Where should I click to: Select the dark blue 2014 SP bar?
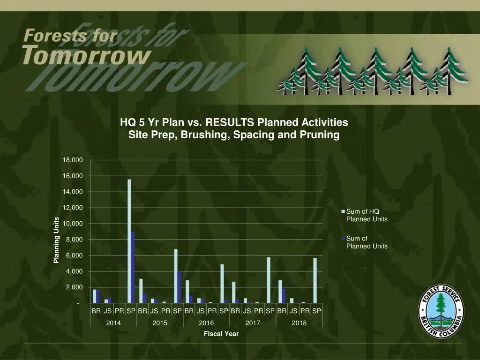tap(133, 267)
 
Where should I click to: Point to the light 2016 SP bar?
tap(222, 284)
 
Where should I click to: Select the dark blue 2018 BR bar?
tap(284, 296)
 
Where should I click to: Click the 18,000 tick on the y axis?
tap(73, 160)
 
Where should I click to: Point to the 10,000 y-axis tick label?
tap(73, 224)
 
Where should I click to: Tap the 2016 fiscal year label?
tap(206, 323)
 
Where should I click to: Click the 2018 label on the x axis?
tap(299, 323)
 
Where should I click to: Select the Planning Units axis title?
tap(56, 240)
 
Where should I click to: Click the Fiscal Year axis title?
tap(221, 334)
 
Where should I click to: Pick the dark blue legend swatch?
tap(344, 239)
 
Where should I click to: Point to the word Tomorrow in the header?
tap(87, 55)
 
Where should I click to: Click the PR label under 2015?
tap(165, 310)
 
